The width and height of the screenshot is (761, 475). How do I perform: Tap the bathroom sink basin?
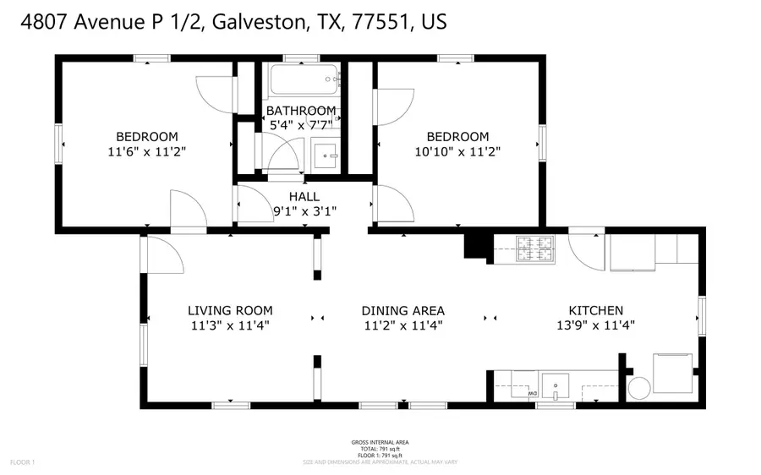[325, 156]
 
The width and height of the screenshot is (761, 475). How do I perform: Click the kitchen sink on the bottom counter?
[556, 385]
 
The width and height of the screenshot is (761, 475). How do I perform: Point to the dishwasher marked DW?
[525, 385]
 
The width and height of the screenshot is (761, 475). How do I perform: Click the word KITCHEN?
[595, 311]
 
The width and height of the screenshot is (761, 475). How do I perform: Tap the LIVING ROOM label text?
[230, 311]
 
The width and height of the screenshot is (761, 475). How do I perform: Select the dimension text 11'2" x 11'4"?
[403, 325]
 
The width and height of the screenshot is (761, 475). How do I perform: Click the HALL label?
[304, 197]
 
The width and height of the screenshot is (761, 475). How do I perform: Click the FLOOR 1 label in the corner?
[23, 462]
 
